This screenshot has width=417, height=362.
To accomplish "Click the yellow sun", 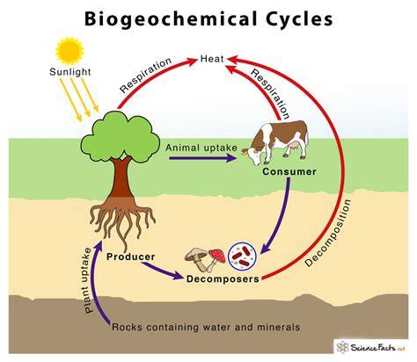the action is coord(69,51).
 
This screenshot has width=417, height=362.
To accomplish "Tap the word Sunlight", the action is coord(70,72).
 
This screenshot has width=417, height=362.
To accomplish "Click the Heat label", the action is coord(212,59).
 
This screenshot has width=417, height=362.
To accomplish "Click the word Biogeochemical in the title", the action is coord(170,19).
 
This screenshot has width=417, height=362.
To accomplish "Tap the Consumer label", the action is coord(289,171).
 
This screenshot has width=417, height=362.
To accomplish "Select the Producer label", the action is coord(130,257).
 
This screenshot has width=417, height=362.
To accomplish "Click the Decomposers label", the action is coord(223,279).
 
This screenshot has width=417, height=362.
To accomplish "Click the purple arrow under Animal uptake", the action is coord(203,158).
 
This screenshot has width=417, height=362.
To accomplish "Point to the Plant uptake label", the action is coord(88,280).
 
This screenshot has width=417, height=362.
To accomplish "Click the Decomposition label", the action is coord(327,234).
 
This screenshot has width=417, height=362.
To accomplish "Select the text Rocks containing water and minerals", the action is coord(206,327).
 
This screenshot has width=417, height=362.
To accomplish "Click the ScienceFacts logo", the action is coord(371,347).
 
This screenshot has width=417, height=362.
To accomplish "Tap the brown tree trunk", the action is coord(121,178).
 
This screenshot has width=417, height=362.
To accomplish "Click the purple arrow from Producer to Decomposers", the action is coord(162,271).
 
